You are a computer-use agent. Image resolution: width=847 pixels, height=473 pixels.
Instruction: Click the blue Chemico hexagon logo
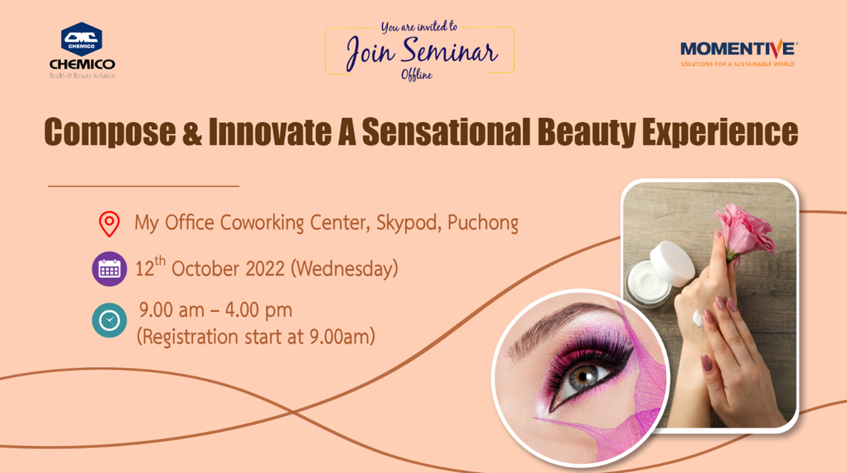point(82,39)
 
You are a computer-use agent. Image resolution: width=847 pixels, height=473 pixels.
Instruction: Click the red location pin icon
point(109,224)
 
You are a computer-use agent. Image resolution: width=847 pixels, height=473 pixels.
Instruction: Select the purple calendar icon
point(109,269)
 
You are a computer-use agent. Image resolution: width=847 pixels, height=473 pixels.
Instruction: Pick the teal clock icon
point(109,320)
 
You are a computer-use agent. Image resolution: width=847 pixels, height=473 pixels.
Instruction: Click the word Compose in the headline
point(110,133)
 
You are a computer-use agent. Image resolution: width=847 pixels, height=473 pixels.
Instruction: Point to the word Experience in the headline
point(720,133)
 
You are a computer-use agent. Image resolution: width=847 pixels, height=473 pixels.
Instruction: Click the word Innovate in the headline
point(270,131)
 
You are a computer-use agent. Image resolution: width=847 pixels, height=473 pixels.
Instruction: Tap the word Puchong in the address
point(483,223)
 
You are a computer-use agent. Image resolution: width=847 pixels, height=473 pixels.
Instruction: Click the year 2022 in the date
point(265,269)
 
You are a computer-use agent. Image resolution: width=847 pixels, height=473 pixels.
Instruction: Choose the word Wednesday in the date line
point(344,269)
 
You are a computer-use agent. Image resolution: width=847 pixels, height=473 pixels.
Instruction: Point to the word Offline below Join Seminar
point(416,75)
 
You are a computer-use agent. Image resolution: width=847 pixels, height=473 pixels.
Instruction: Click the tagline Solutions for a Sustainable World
point(738,64)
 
